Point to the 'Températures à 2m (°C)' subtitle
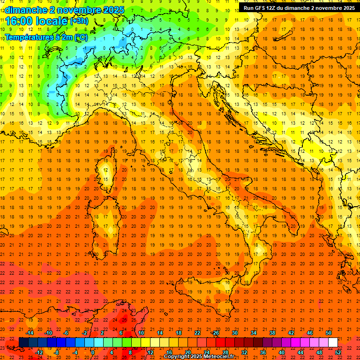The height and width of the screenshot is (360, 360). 46,37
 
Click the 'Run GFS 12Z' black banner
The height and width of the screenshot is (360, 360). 299,7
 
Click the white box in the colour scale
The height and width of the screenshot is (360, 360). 333,342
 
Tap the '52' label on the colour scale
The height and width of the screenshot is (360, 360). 338,352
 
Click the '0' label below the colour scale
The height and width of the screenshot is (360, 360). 93,352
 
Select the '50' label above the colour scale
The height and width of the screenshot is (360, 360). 329,333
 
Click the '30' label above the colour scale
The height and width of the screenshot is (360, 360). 235,333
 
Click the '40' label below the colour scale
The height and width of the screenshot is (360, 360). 282,352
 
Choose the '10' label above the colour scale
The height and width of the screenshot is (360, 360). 141,333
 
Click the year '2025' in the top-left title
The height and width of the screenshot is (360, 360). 113,10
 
